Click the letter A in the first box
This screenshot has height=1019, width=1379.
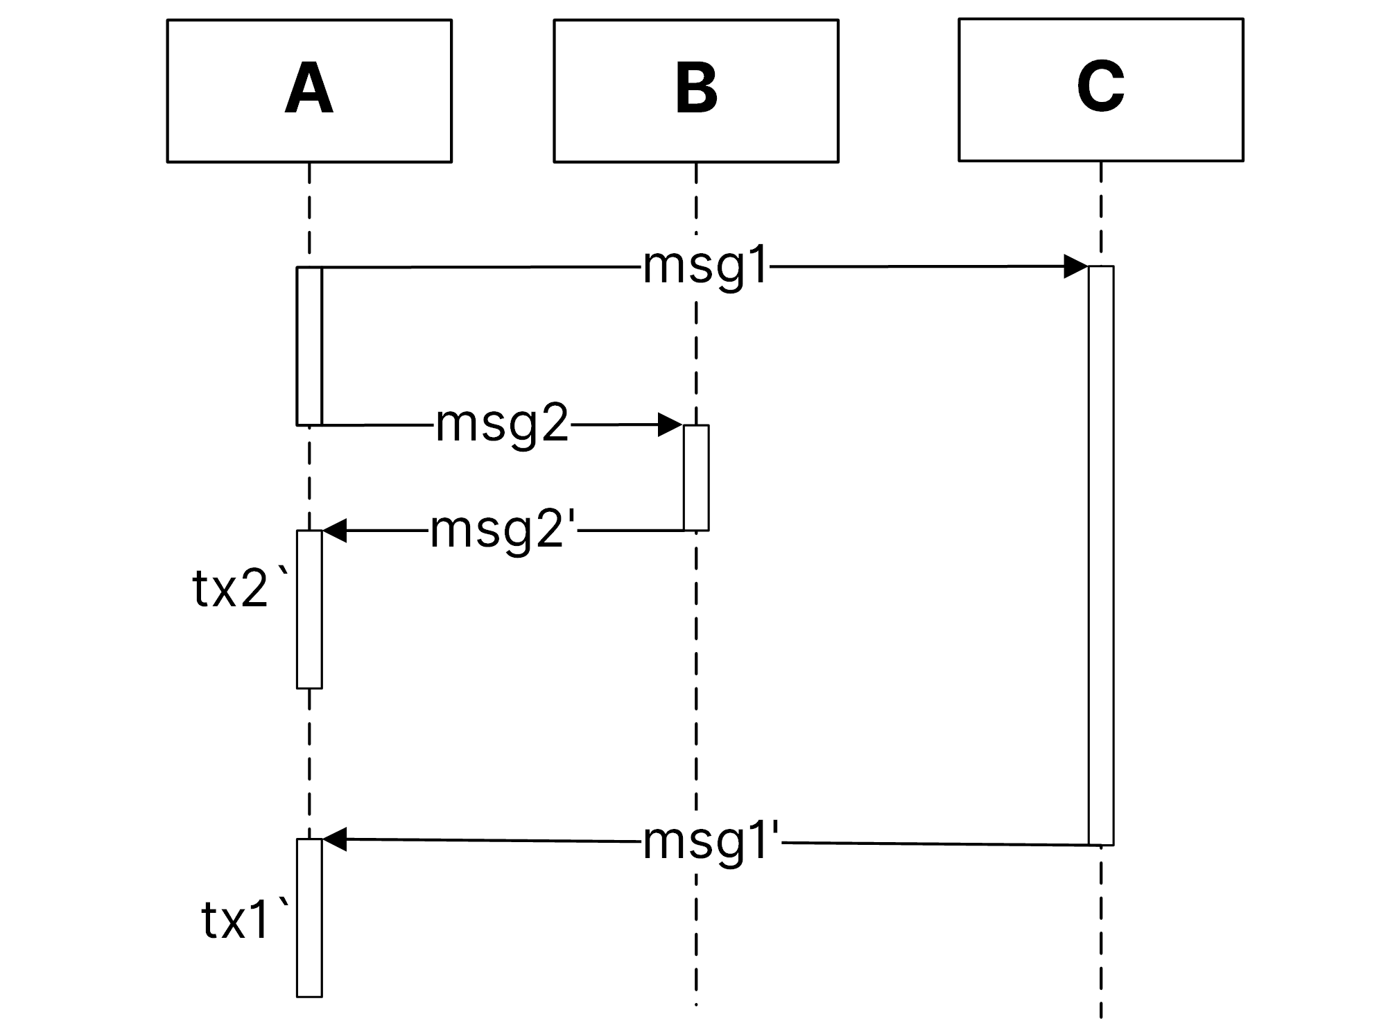309,89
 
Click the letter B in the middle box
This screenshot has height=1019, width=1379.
695,89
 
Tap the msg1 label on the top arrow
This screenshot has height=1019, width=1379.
705,266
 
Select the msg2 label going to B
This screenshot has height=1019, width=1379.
502,424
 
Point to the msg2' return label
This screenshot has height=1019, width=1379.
503,531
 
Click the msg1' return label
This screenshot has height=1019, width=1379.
711,842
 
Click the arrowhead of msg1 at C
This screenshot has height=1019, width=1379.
1075,266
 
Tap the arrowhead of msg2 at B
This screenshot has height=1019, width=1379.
670,425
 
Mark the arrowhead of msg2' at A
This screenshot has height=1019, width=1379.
335,531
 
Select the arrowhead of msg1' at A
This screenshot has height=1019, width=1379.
335,839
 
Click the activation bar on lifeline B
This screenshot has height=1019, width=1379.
695,478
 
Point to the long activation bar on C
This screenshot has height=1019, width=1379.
1100,555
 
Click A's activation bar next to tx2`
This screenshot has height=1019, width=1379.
309,609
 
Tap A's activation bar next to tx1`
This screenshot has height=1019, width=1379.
309,918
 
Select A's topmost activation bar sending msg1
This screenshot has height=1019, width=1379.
309,345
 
